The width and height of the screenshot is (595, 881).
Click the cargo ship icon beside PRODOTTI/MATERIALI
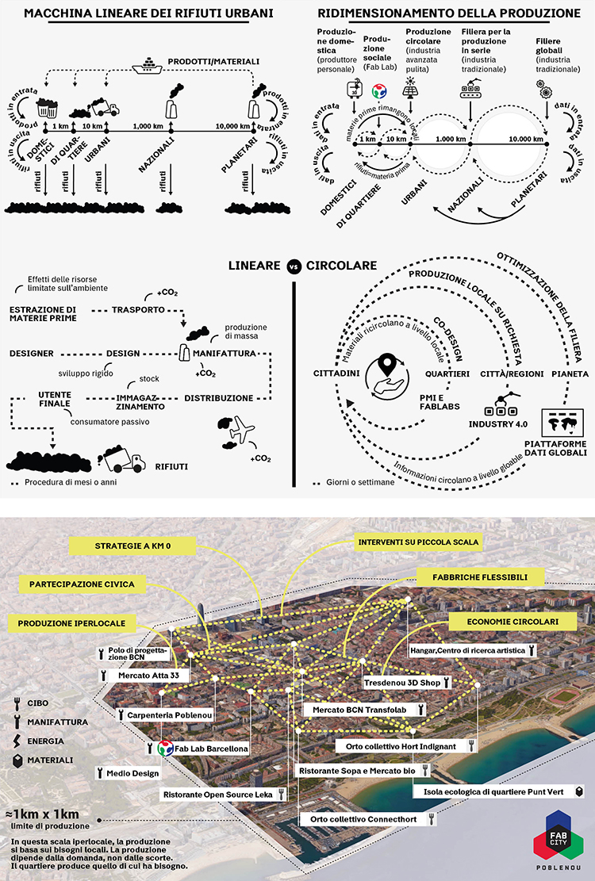[x=148, y=65]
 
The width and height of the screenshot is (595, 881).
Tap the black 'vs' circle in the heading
[x=294, y=266]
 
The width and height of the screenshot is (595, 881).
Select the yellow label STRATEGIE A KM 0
[x=132, y=546]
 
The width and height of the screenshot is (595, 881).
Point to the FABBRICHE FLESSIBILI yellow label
[x=480, y=577]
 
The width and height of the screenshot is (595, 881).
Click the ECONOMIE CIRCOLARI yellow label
[x=512, y=622]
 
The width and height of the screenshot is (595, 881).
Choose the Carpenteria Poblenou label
[x=166, y=715]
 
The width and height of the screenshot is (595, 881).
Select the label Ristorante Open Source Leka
[x=224, y=795]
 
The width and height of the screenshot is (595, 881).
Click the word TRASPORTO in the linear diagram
[x=138, y=309]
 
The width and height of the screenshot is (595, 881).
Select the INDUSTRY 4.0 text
[x=498, y=424]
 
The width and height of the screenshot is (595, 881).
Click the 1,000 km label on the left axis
[x=148, y=126]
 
